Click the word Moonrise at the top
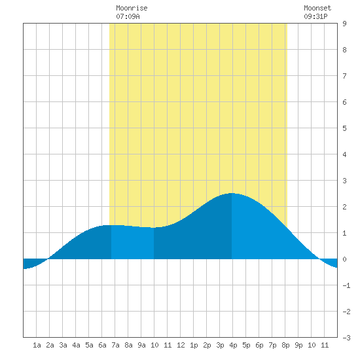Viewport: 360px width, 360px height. click(132, 8)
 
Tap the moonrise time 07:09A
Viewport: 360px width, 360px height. click(128, 16)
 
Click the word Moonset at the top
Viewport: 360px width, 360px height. click(317, 8)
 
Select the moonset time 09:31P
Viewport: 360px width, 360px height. click(315, 16)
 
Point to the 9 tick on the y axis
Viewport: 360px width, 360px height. click(344, 24)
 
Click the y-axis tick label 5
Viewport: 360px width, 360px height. click(344, 128)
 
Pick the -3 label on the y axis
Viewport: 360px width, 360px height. click(346, 338)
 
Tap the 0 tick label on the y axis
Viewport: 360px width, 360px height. click(344, 259)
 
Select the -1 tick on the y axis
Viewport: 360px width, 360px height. click(346, 285)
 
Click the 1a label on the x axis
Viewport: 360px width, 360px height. click(37, 345)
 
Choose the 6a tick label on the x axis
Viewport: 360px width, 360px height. click(102, 345)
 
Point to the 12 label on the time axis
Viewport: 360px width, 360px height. click(181, 345)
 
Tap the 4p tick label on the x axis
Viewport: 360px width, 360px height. click(233, 345)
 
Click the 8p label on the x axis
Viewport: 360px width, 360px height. click(285, 345)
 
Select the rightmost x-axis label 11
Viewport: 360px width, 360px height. click(325, 345)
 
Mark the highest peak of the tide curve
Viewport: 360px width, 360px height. click(232, 193)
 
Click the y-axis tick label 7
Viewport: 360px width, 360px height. click(344, 76)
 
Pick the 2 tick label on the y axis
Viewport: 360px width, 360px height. click(344, 207)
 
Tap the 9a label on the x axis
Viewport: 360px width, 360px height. click(141, 345)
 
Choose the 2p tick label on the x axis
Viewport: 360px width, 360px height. click(207, 345)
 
